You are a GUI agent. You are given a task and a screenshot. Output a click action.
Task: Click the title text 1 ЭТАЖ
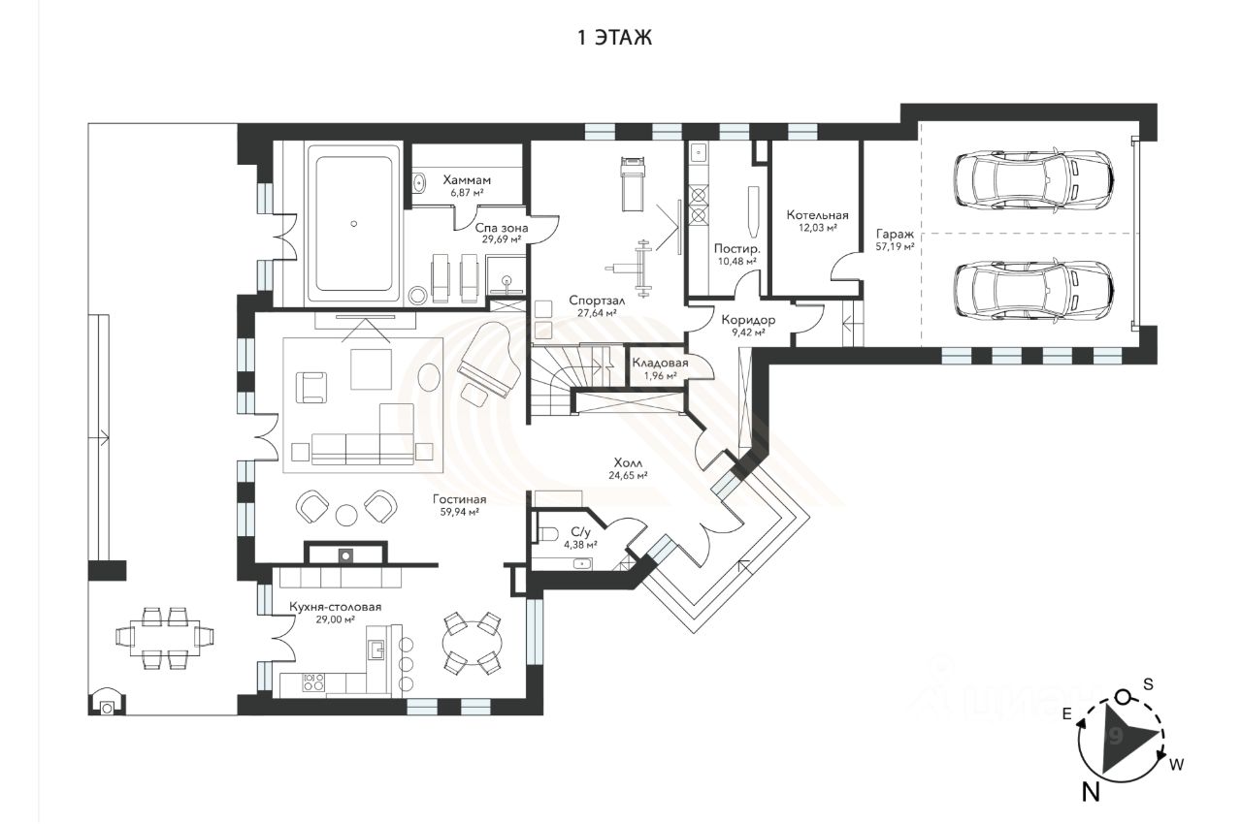pyautogui.click(x=615, y=38)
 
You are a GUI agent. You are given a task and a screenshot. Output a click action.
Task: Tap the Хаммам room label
pyautogui.click(x=467, y=180)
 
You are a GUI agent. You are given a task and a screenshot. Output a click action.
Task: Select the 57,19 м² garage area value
pyautogui.click(x=895, y=247)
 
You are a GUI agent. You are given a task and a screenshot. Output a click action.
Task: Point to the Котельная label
pyautogui.click(x=817, y=215)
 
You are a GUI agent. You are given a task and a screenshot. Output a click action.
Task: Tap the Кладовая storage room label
pyautogui.click(x=661, y=363)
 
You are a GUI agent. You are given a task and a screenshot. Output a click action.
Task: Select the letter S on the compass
pyautogui.click(x=1148, y=685)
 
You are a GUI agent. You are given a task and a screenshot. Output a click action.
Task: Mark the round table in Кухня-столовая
pyautogui.click(x=473, y=643)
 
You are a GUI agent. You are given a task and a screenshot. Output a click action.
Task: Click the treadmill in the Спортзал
pyautogui.click(x=633, y=183)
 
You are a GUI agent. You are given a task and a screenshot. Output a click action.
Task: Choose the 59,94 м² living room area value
pyautogui.click(x=460, y=512)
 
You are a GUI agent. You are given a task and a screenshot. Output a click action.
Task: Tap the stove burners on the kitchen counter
pyautogui.click(x=313, y=681)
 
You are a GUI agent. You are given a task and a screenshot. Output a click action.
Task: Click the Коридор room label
pyautogui.click(x=748, y=320)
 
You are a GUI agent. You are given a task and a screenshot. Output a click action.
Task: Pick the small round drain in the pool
pyautogui.click(x=354, y=224)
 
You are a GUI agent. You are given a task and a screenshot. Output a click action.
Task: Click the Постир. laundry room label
pyautogui.click(x=736, y=248)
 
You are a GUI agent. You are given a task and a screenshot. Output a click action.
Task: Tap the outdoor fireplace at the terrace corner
pyautogui.click(x=108, y=701)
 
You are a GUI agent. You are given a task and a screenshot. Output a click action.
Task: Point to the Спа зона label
pyautogui.click(x=502, y=228)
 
